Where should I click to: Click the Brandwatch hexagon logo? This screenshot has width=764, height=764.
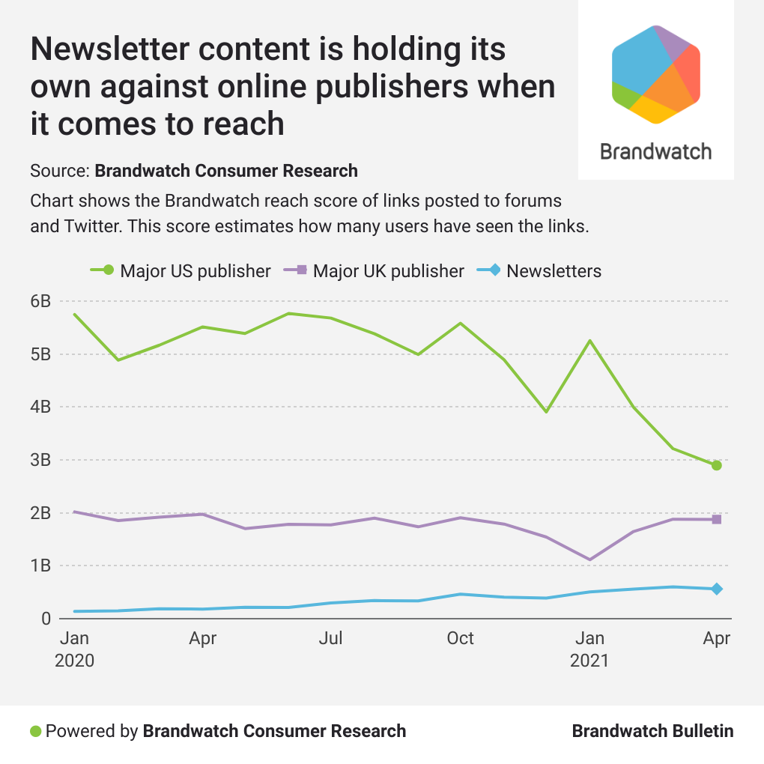tap(655, 73)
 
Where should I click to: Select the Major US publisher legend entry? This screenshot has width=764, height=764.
tap(180, 270)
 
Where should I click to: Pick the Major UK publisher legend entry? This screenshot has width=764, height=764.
tap(374, 270)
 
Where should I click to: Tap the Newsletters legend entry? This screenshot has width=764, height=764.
tap(540, 270)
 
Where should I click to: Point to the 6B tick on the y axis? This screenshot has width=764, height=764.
tap(40, 301)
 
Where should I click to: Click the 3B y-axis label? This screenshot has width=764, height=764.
tap(40, 460)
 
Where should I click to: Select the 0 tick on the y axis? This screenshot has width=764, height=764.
tap(46, 619)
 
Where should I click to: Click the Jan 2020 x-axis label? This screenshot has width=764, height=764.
tap(74, 649)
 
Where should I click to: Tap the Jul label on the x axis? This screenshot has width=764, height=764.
tap(331, 638)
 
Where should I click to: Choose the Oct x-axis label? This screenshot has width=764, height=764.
tap(460, 638)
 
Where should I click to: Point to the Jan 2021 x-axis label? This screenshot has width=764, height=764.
tap(589, 649)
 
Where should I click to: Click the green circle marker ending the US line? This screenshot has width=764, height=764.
tap(717, 465)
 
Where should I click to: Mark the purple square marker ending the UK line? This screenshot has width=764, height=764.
tap(717, 519)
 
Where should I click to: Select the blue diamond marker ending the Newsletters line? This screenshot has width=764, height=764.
tap(717, 589)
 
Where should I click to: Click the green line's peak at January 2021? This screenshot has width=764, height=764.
tap(590, 341)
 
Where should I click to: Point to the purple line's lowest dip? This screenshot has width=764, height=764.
tap(590, 559)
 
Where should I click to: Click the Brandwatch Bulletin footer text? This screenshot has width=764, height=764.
tap(652, 731)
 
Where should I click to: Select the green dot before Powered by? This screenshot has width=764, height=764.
tap(35, 731)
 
